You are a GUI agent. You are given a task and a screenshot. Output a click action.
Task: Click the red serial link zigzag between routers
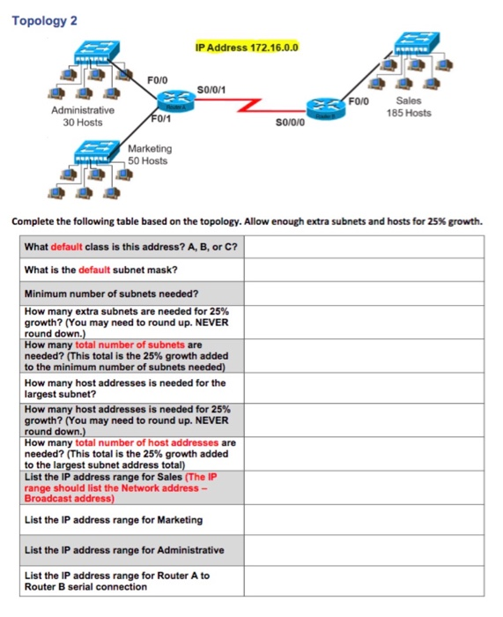click(251, 105)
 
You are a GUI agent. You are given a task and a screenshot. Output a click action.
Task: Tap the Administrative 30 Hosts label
click(83, 116)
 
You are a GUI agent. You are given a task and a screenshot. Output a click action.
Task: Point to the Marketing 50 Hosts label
click(150, 155)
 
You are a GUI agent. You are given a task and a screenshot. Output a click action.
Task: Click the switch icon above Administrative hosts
click(92, 51)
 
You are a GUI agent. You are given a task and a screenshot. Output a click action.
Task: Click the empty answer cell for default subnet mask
click(364, 270)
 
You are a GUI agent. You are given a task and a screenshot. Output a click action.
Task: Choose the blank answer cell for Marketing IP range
click(364, 519)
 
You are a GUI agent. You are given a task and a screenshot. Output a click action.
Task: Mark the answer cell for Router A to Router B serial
click(364, 580)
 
